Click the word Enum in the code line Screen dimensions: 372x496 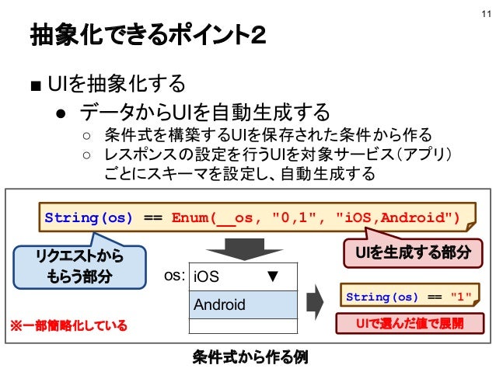[x=189, y=215]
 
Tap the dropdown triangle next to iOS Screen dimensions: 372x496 [x=273, y=276]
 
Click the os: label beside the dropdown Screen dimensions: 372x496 [x=174, y=276]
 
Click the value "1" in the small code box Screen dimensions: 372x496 [x=462, y=297]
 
